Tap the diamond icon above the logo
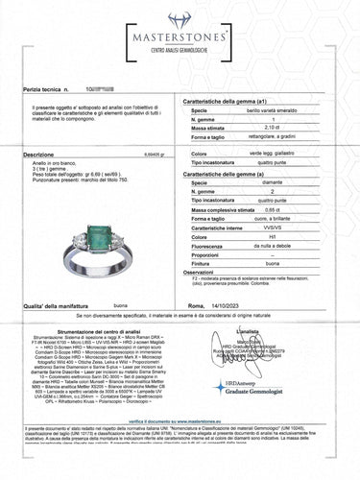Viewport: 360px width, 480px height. (180, 19)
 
